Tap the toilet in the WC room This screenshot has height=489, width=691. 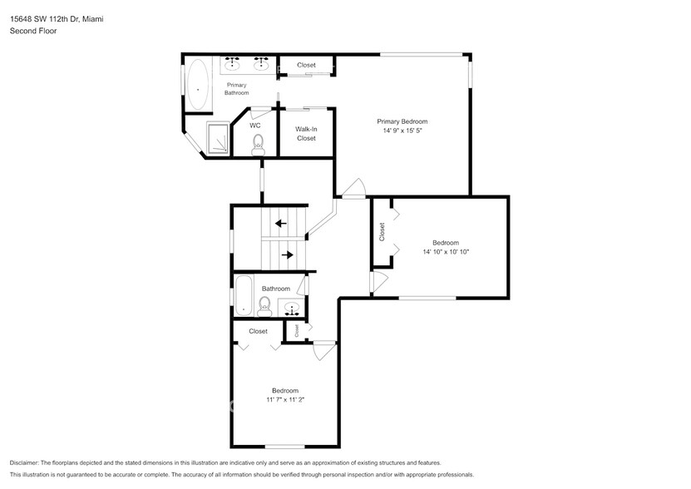point(258,144)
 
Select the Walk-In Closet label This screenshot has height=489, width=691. point(307,134)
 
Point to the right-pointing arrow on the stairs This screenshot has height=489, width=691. point(287,254)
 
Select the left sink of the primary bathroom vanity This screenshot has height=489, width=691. point(234,63)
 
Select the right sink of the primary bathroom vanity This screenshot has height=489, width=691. point(261,63)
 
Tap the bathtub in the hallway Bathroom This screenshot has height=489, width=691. point(244,296)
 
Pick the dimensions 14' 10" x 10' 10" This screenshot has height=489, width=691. point(446,252)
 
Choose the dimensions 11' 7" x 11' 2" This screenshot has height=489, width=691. point(285,400)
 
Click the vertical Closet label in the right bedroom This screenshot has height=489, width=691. point(383,231)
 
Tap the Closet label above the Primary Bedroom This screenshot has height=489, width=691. point(307,65)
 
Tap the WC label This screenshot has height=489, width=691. point(255,126)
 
